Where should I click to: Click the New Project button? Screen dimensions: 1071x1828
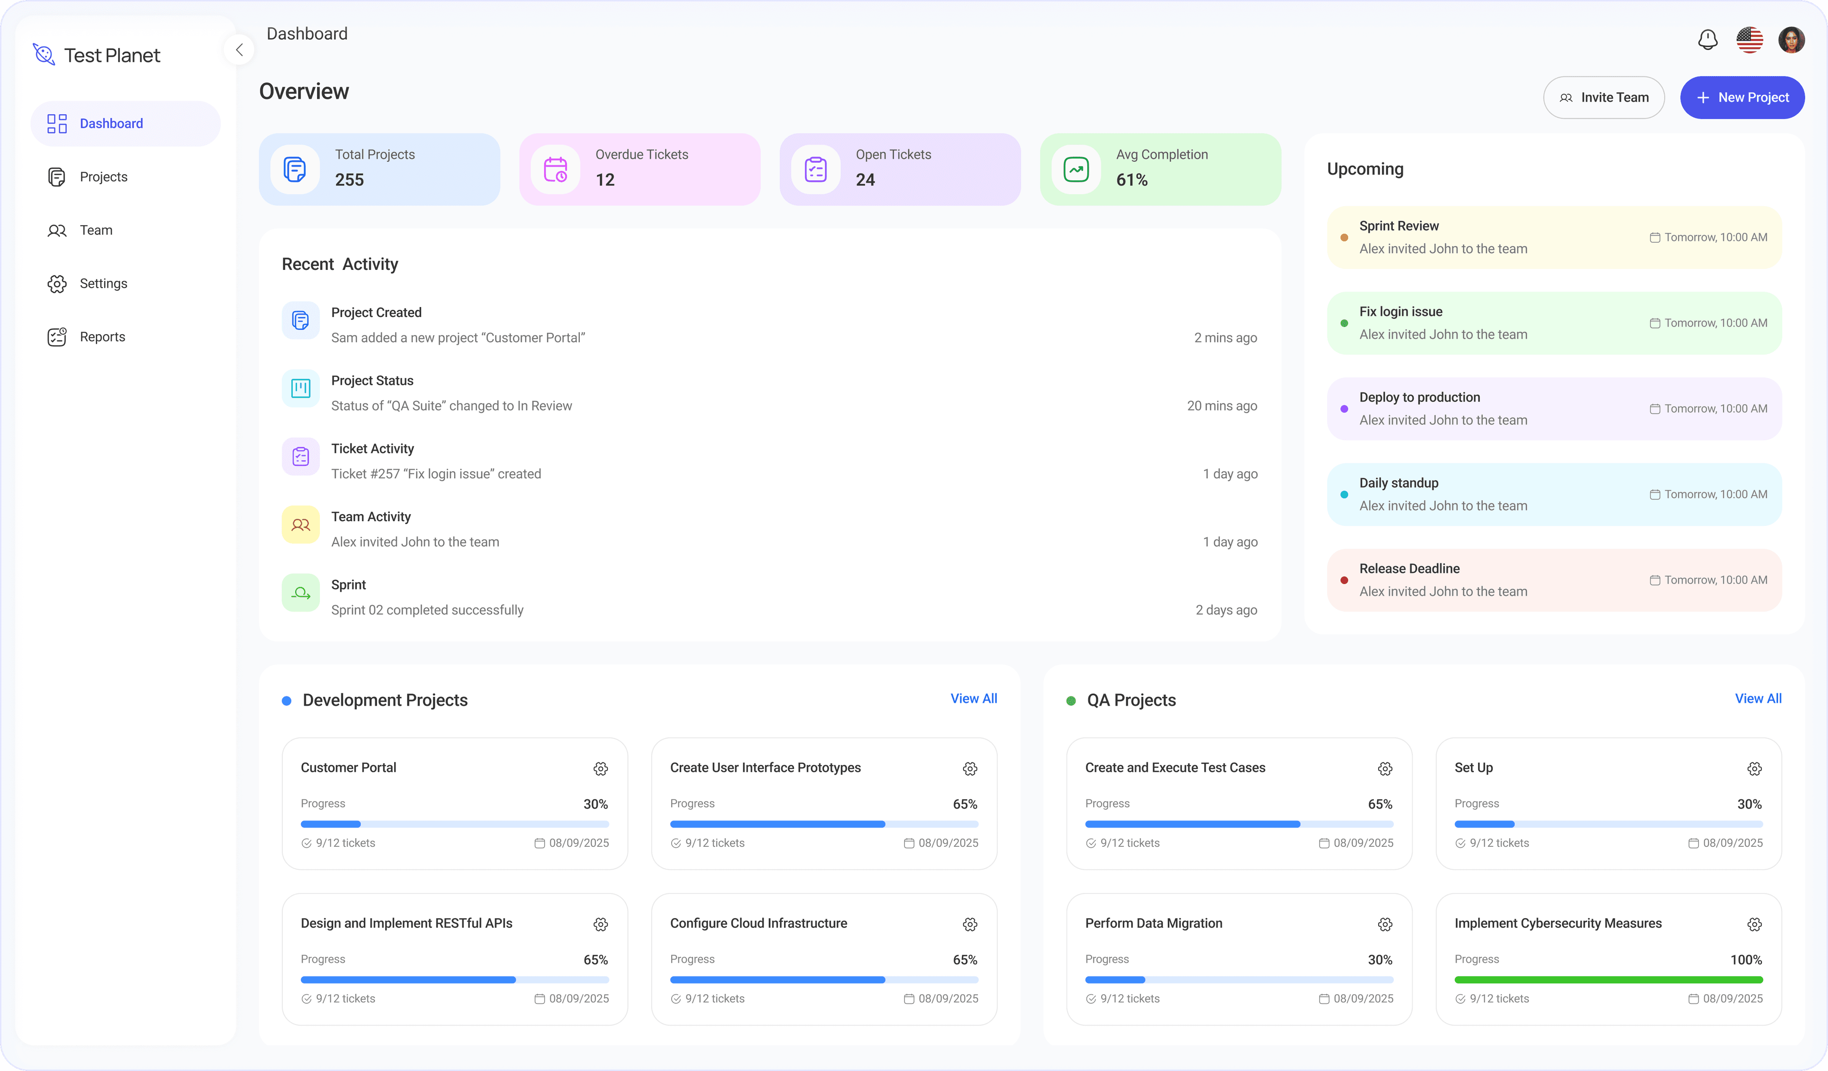[x=1742, y=97]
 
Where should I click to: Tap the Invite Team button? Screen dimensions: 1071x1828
[x=1603, y=97]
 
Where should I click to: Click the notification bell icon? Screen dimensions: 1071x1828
[x=1708, y=40]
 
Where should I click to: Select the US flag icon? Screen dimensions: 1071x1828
[x=1749, y=40]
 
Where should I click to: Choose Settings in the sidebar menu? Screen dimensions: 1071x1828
[x=103, y=284]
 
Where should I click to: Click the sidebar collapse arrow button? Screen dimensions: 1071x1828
[x=239, y=50]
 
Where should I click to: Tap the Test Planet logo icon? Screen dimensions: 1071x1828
[x=43, y=54]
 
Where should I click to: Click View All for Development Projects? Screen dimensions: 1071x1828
[x=974, y=698]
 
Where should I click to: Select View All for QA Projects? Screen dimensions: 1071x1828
[x=1758, y=698]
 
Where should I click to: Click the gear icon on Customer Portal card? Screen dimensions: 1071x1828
[x=601, y=769]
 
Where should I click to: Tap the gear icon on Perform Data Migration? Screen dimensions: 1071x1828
[x=1385, y=924]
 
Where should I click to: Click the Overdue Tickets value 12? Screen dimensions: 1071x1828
[x=605, y=180]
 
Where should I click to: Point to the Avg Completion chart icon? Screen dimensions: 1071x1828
[x=1076, y=169]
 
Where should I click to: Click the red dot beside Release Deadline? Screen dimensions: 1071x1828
[x=1344, y=580]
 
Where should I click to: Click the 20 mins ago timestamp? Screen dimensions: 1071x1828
[x=1222, y=406]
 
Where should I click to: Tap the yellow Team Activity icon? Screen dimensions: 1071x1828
[x=300, y=524]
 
